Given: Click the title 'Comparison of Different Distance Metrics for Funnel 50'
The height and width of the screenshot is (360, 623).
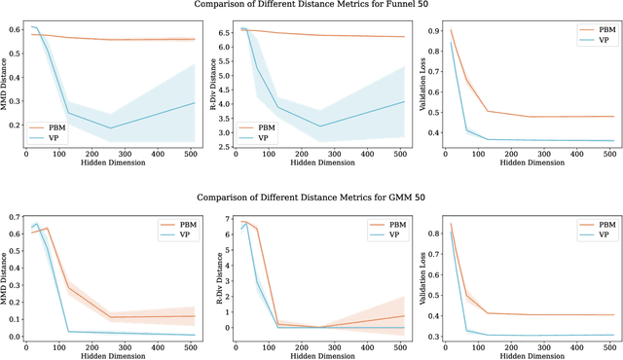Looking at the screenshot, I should coord(311,6).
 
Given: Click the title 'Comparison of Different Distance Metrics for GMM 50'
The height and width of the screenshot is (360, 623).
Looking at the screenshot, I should coord(311,197).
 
